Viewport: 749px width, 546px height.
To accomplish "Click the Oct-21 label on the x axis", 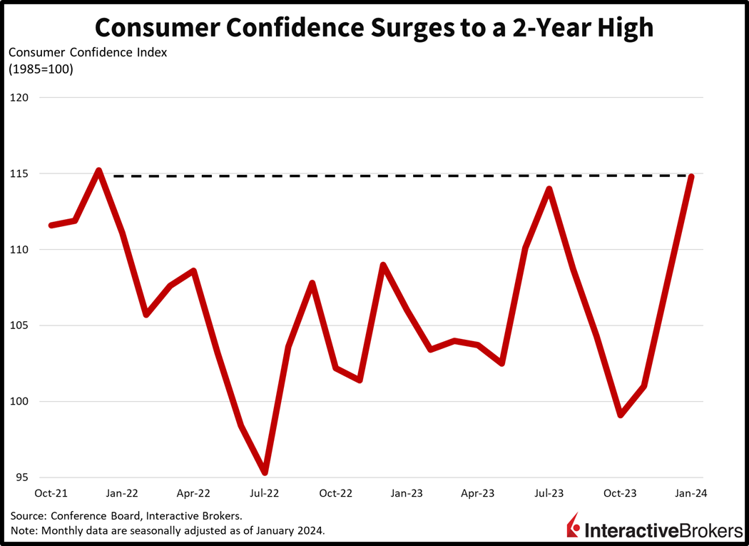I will click(51, 493).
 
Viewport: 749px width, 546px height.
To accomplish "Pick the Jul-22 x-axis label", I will click(265, 493).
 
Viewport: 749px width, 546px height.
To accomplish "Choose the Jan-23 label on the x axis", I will click(407, 493).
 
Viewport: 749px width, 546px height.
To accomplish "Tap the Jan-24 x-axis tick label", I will click(691, 493).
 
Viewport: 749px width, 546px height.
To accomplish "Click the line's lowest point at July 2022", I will click(265, 472).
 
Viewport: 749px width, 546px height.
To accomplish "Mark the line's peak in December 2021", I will click(98, 171).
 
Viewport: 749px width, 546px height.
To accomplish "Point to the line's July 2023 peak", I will click(549, 189).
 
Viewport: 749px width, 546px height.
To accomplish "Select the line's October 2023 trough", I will click(621, 415).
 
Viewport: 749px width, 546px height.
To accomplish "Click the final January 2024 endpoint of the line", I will click(691, 177).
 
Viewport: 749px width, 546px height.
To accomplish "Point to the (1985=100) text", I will click(41, 69).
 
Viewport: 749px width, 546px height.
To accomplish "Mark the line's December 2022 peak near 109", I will click(383, 266).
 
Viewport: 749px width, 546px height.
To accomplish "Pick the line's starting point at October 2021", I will click(51, 225).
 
